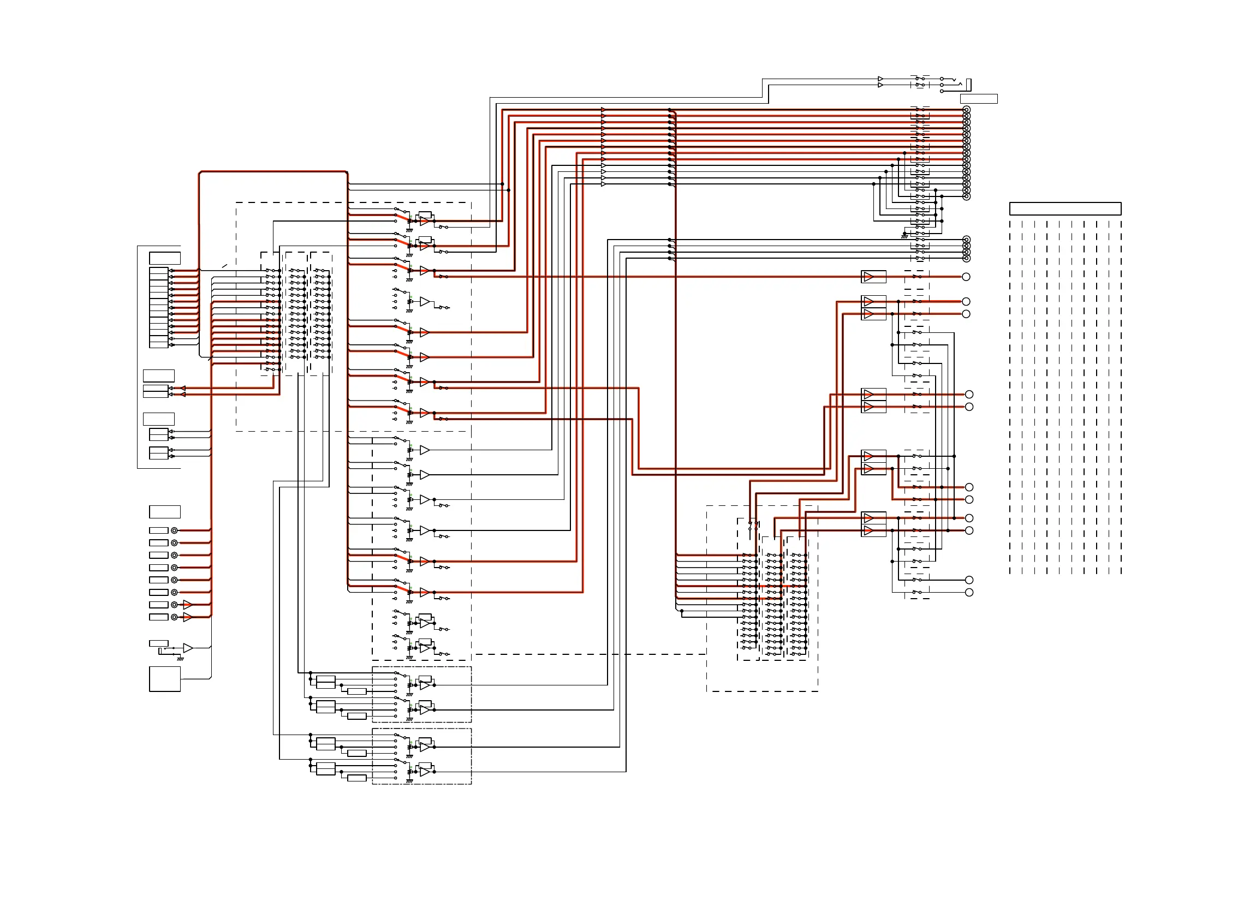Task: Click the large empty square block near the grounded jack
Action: coord(165,679)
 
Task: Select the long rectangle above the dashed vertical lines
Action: coord(1065,208)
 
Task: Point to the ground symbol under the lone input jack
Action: coord(180,659)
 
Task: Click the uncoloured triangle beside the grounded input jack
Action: coord(188,648)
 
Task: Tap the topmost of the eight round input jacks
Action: coord(174,530)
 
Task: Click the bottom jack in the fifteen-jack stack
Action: coord(967,196)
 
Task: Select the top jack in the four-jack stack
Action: coord(967,240)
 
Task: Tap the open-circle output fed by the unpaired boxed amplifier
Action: coord(966,277)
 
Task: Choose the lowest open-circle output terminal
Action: coord(969,593)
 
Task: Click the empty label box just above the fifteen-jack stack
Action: coord(979,99)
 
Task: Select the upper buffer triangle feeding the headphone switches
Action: coord(880,79)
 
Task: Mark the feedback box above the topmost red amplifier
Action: coord(425,215)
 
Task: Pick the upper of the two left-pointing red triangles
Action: coord(183,389)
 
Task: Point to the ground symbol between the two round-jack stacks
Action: coord(904,236)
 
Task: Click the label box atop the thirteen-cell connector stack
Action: coord(165,258)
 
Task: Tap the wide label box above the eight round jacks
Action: coord(165,512)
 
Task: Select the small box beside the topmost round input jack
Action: coord(159,530)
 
